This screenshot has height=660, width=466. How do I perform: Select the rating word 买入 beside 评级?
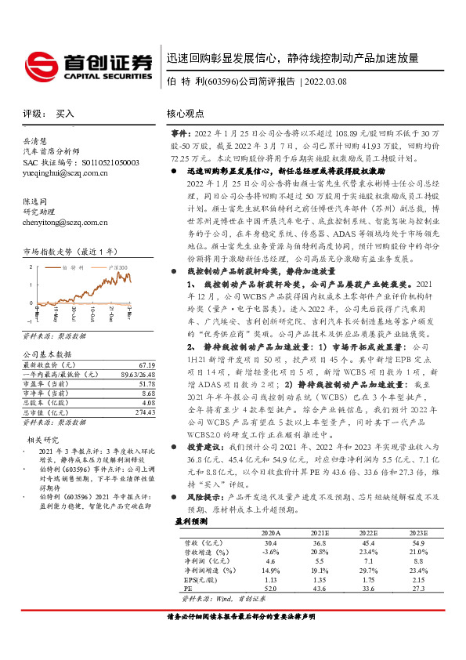[66, 114]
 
